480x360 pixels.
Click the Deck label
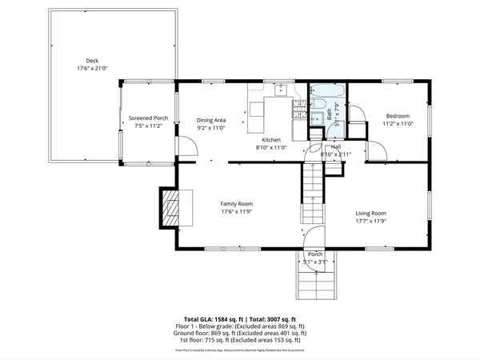[x=94, y=60]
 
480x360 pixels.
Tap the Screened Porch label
[x=148, y=119]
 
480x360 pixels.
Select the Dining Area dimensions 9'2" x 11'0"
[x=212, y=128]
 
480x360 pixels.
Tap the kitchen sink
[x=281, y=90]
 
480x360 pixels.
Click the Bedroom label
[x=398, y=114]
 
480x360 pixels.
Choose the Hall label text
[x=336, y=147]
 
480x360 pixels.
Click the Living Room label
[x=371, y=214]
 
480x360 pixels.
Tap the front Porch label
[x=315, y=254]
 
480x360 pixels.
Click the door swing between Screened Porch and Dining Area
[x=186, y=147]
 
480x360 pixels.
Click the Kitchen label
[x=270, y=139]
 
